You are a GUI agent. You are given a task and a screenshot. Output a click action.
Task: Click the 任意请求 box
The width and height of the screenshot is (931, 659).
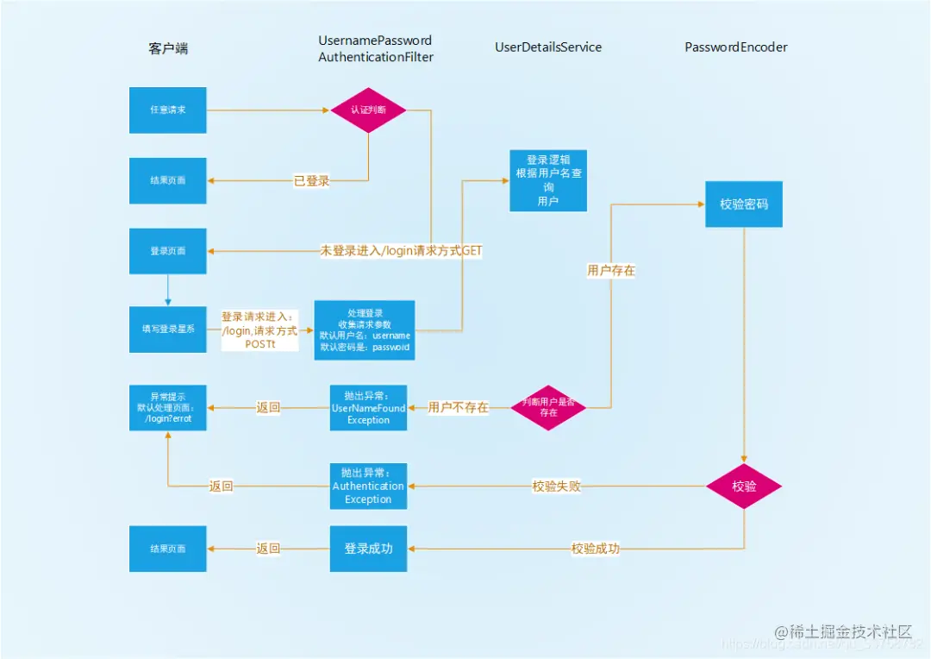(x=168, y=110)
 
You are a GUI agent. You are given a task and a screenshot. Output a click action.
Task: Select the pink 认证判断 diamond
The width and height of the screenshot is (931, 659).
(x=368, y=110)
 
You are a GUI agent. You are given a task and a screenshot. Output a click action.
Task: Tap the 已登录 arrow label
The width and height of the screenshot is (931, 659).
(x=311, y=181)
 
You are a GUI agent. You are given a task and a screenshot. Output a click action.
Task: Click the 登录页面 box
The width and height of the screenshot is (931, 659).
(x=168, y=251)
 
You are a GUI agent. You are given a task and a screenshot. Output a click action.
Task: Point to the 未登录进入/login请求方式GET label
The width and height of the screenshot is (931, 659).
(x=401, y=251)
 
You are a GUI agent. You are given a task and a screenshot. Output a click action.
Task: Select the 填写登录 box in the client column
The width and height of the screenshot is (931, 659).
(x=168, y=329)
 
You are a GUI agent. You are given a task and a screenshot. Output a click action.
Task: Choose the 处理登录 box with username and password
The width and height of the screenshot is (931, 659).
(x=365, y=329)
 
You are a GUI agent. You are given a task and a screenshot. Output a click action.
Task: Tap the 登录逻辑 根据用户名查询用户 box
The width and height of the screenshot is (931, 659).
(x=548, y=180)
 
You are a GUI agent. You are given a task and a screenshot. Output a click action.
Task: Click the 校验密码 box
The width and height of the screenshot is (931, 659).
(x=744, y=204)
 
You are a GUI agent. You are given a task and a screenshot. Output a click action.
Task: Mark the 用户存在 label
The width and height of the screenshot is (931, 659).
(x=611, y=271)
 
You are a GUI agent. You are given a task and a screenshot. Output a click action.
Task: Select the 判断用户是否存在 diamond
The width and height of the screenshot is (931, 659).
(x=548, y=407)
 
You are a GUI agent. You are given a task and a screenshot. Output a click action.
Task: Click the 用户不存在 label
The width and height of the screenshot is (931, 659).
(x=458, y=407)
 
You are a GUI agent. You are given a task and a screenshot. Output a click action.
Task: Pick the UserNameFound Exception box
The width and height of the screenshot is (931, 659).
(x=368, y=407)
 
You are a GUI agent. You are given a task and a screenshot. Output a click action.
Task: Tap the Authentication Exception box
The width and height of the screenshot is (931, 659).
(x=368, y=486)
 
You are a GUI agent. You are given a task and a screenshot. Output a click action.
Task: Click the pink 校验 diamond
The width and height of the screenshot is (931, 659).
(x=744, y=486)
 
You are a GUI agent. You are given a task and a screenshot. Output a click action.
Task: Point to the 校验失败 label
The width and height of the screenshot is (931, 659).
(x=556, y=486)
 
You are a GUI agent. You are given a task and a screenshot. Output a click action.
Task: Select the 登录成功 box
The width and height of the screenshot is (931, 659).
(x=368, y=549)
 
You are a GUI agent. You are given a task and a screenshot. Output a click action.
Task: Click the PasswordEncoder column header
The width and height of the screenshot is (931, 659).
(x=736, y=47)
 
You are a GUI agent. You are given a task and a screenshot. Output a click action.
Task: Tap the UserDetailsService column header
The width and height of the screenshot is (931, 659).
(x=548, y=47)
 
